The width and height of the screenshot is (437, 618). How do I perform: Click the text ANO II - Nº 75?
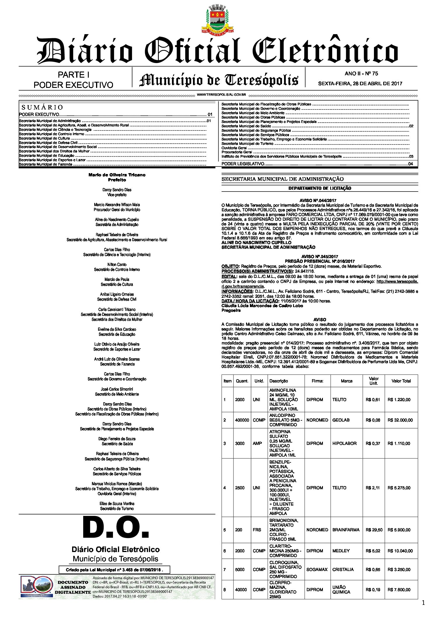click(361, 74)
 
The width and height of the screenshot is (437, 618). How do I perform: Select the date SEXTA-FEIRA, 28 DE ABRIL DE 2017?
click(360, 83)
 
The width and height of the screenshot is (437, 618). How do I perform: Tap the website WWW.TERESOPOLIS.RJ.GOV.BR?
click(221, 95)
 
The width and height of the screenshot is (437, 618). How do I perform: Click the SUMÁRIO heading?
click(42, 107)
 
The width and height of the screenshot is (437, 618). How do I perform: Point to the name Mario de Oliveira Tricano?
click(117, 175)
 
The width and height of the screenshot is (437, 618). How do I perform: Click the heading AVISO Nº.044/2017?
click(320, 201)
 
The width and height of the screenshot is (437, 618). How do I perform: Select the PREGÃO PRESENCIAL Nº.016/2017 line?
click(320, 261)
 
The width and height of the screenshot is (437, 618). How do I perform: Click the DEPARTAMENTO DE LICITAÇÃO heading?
click(320, 188)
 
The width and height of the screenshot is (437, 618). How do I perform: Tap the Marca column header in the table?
click(347, 381)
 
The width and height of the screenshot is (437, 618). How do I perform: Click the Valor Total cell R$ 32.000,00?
click(400, 420)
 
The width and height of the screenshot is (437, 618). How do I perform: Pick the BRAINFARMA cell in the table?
click(346, 530)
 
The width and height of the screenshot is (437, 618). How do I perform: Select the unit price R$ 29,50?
click(374, 530)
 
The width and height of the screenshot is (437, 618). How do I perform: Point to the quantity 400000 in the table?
click(242, 420)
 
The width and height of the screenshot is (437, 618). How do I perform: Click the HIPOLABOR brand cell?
click(344, 443)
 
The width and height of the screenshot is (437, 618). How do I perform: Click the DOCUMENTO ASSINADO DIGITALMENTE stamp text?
click(73, 587)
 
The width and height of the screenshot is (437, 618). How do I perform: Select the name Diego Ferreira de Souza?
click(117, 439)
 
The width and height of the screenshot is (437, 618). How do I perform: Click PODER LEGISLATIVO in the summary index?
click(243, 164)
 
